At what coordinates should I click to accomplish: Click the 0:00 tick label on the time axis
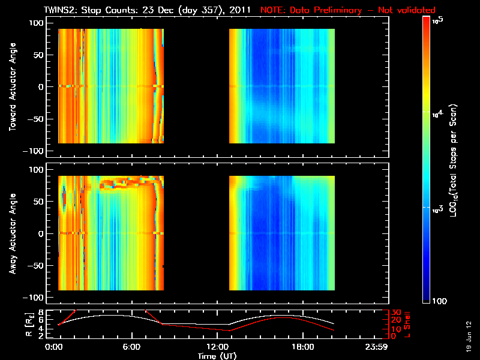coord(54,347)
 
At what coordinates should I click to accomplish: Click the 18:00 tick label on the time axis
coord(302,347)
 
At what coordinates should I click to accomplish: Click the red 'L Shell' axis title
coord(409,324)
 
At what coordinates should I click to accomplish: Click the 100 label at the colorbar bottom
coord(439,300)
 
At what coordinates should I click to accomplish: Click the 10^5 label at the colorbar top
coord(437,20)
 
